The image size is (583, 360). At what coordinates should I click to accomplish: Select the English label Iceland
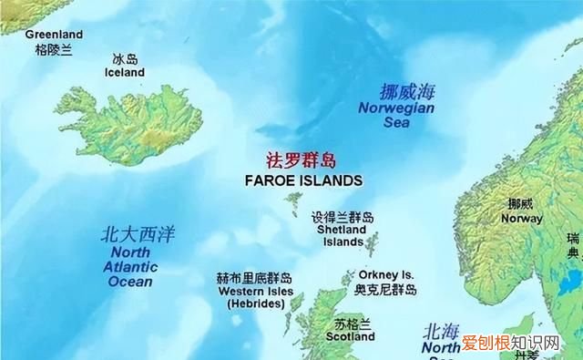(x=125, y=72)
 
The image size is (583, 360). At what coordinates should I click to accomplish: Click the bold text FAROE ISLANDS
(x=303, y=180)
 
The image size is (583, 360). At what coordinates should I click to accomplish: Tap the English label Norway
(x=522, y=219)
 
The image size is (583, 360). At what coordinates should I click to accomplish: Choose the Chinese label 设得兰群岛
(x=342, y=219)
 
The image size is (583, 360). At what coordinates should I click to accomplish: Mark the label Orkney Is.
(x=386, y=274)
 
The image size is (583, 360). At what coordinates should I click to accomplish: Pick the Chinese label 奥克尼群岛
(x=385, y=290)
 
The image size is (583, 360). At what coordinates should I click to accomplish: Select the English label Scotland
(x=351, y=336)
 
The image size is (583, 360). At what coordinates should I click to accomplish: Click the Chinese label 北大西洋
(x=138, y=236)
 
